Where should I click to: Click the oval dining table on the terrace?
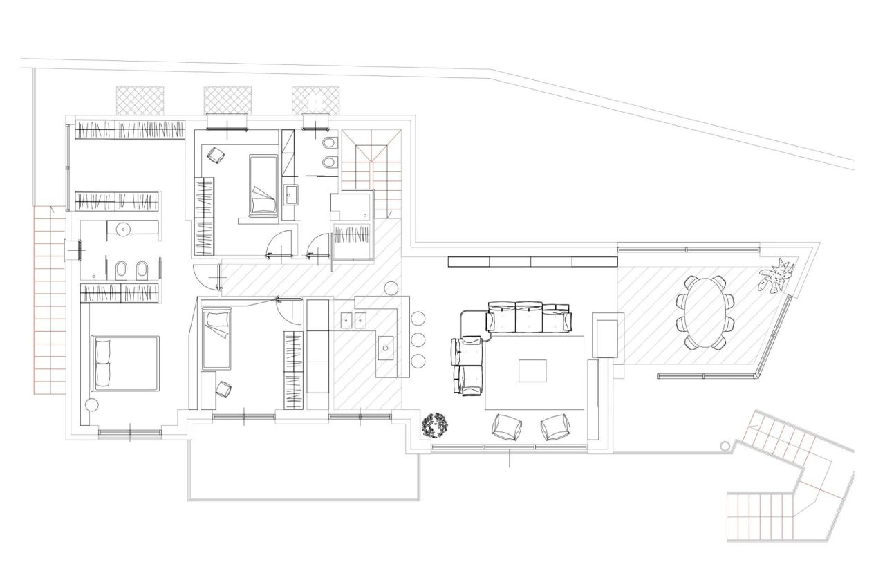[704, 312]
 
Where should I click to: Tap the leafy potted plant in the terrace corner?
[777, 277]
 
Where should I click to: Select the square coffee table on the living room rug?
[532, 371]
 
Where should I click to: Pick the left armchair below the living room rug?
[508, 427]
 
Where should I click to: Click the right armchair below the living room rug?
[555, 427]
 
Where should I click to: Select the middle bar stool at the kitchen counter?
[418, 339]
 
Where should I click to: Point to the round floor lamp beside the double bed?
[91, 405]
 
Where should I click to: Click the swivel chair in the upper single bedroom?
[216, 156]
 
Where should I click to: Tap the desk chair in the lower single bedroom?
[223, 390]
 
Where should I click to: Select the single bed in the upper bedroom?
[263, 185]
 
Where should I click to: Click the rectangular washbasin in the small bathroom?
[290, 196]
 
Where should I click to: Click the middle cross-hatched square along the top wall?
[227, 100]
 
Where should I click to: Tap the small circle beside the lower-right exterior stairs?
[725, 446]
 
